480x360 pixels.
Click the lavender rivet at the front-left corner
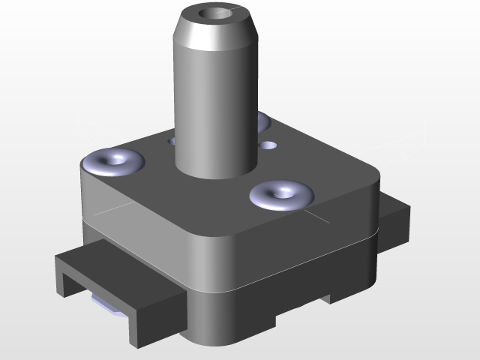coord(114,160)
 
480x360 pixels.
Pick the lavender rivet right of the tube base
coord(281,195)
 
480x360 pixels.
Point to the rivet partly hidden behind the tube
coord(262,120)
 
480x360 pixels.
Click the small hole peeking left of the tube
coord(172,139)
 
